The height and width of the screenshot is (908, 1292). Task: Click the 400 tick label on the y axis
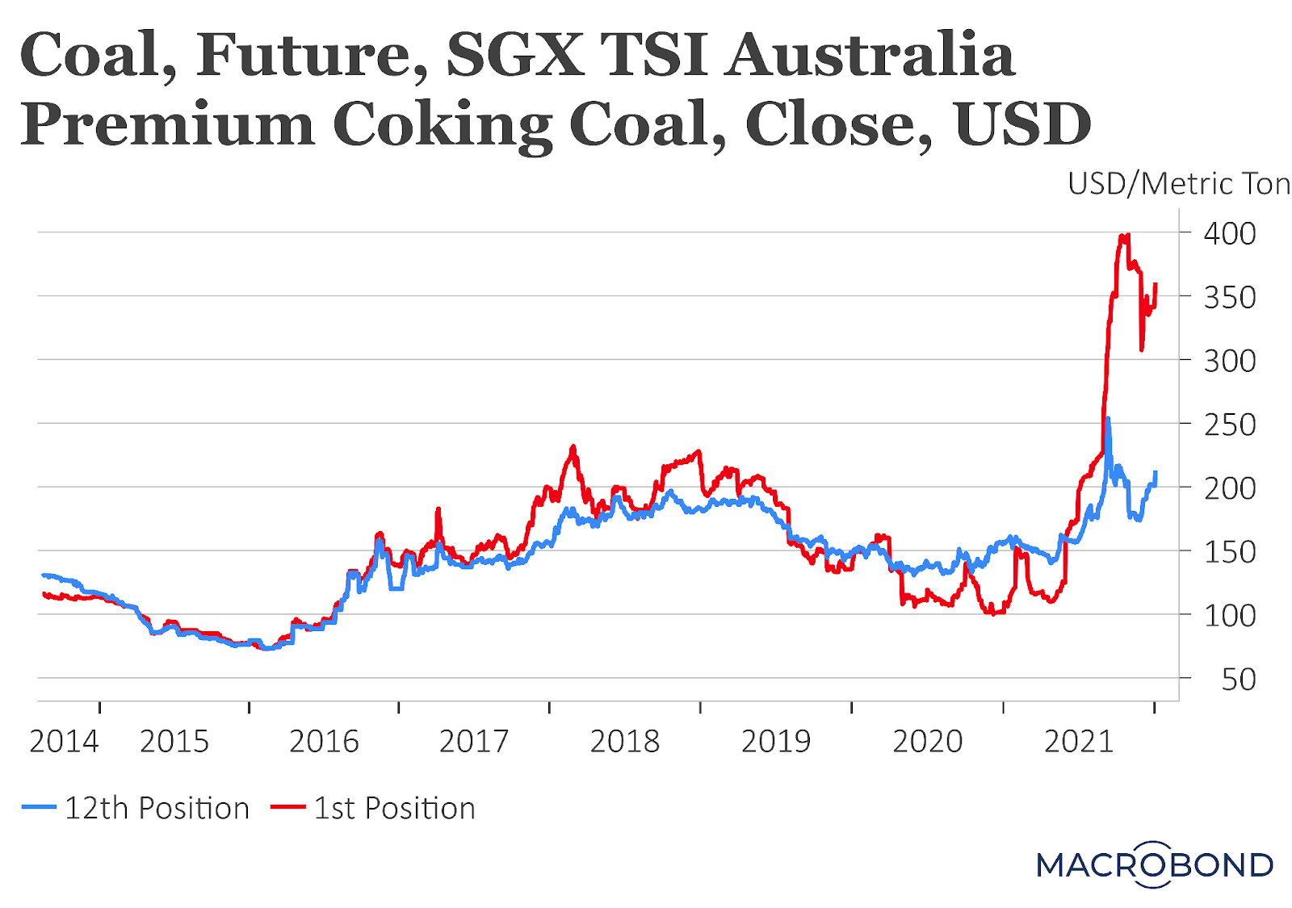(x=1229, y=233)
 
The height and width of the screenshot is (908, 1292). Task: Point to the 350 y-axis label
(x=1229, y=297)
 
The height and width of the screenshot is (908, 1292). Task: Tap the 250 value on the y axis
(x=1229, y=424)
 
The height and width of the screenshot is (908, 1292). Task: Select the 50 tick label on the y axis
(x=1239, y=679)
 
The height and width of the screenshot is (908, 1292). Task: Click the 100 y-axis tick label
(x=1229, y=615)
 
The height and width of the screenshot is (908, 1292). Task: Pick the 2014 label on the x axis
(x=64, y=741)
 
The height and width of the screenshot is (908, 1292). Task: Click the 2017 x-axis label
(x=474, y=741)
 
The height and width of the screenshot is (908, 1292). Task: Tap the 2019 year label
(x=776, y=741)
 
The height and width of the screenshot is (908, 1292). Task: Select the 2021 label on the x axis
(x=1079, y=741)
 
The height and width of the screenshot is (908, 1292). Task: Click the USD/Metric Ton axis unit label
(x=1178, y=184)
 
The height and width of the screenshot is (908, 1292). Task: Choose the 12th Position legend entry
(x=157, y=808)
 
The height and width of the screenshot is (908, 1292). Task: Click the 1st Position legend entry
(x=394, y=808)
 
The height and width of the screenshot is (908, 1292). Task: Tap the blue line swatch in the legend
(x=40, y=807)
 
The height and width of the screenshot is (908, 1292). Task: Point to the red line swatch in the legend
(x=287, y=807)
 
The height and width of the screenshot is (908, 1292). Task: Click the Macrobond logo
(x=1155, y=864)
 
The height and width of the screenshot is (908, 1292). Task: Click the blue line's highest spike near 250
(x=1108, y=419)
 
